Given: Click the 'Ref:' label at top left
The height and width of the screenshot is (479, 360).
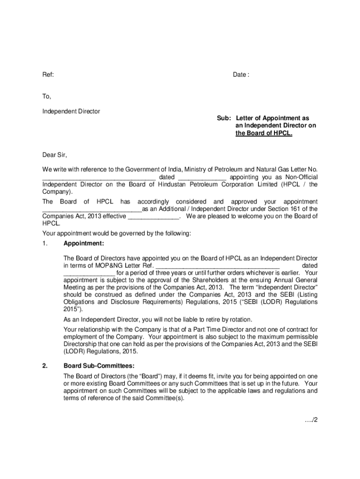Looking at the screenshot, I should [48, 75].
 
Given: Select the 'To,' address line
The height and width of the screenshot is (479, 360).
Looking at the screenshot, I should [47, 96].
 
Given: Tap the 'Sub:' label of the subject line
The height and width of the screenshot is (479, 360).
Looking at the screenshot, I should [224, 119].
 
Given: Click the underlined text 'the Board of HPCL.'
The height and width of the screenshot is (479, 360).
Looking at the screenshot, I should [264, 133].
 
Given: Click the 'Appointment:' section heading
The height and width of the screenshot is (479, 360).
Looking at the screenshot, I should [84, 244].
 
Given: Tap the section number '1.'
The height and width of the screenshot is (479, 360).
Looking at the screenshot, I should [45, 244].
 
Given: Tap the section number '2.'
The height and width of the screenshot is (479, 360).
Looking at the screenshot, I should [45, 366].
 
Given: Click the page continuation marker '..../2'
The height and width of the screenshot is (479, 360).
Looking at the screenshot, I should [310, 420].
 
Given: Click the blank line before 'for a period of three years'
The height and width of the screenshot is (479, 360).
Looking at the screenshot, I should [89, 273].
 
